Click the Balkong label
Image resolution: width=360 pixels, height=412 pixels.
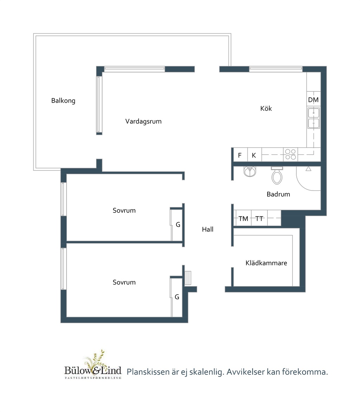coord(63,101)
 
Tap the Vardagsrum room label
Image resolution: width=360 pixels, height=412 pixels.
coord(143,121)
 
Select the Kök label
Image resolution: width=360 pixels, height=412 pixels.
coord(266,108)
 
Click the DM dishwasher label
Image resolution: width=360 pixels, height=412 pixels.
coord(313,100)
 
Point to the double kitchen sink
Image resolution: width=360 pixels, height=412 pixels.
coord(314,118)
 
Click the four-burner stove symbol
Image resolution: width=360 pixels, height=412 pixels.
coord(290,154)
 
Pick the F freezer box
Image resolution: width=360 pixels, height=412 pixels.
coord(240,155)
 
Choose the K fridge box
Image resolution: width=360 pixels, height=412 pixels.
coord(255,155)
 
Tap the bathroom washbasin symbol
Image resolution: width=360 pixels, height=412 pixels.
coord(250,171)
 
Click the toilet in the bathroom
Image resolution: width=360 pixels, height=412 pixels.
coord(277,175)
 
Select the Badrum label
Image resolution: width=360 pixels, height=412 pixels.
coord(278,194)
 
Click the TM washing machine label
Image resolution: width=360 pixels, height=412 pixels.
coord(243,219)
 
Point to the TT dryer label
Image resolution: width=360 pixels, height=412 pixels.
coord(259,219)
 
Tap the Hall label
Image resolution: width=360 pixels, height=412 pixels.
coord(207,230)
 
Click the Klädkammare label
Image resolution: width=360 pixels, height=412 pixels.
coord(266,263)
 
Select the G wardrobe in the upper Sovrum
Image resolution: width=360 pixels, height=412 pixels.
coord(176,224)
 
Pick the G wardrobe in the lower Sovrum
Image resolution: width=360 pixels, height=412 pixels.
coord(176,297)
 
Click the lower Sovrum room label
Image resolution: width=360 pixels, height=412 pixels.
coord(124,282)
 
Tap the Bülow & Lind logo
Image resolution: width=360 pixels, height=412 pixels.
coord(93,365)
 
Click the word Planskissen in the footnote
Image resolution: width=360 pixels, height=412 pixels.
coord(148,372)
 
